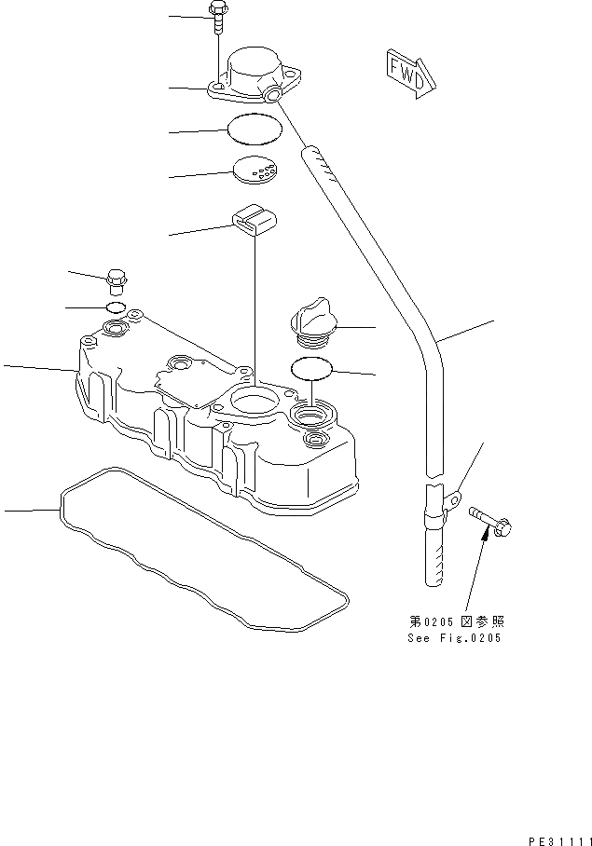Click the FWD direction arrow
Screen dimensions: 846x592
(406, 73)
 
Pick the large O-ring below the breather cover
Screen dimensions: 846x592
(255, 129)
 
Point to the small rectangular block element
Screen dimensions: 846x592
(253, 219)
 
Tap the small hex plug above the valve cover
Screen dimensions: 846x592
(117, 277)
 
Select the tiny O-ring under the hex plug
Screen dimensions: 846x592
(115, 307)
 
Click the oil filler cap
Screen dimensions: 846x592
(313, 321)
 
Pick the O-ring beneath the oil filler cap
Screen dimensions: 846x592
(312, 369)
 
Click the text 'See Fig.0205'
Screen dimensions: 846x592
(454, 638)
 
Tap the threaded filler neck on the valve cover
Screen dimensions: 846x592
(312, 413)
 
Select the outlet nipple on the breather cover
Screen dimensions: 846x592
(273, 94)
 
